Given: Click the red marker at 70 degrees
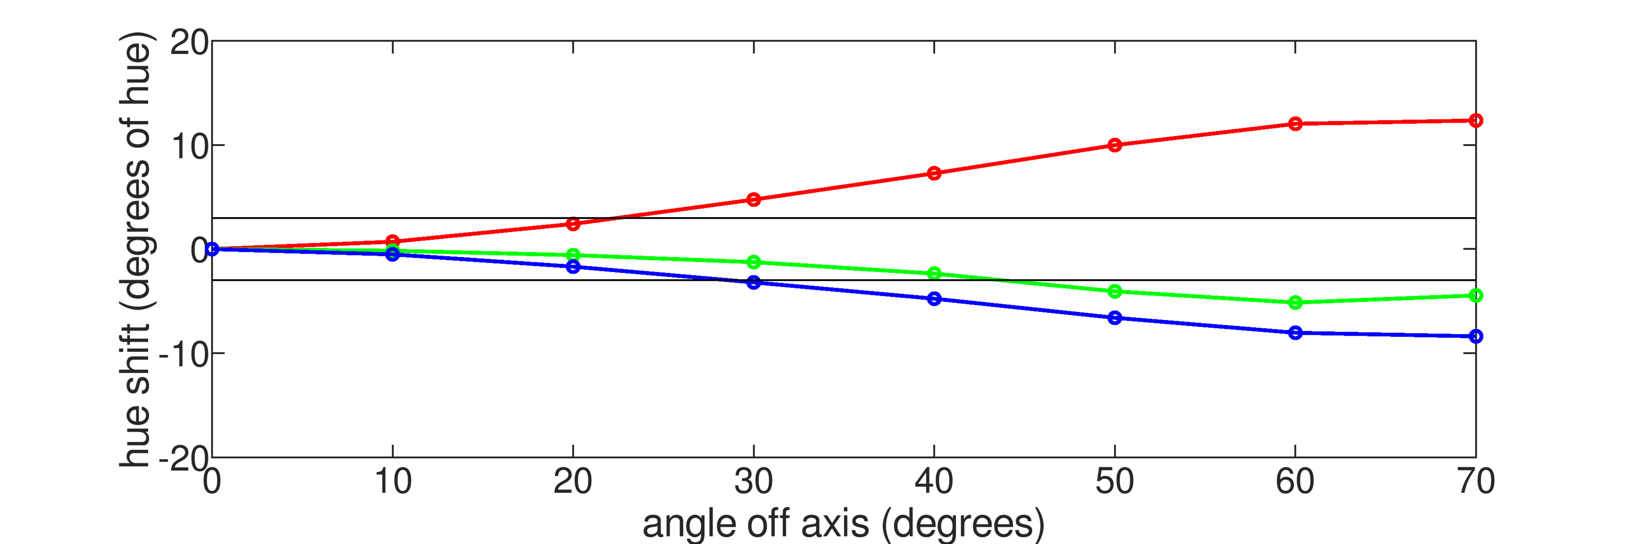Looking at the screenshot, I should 1475,120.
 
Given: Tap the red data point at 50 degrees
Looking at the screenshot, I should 1115,145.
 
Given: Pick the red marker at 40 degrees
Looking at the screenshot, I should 934,173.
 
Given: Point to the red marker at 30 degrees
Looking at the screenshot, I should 753,199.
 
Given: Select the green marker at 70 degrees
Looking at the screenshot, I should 1475,295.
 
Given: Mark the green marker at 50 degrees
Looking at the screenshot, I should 1115,291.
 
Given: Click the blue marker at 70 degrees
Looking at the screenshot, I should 1475,336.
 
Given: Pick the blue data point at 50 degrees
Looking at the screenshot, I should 1115,318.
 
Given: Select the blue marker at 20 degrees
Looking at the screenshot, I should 573,266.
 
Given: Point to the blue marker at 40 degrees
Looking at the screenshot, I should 934,299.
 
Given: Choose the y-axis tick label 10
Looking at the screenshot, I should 189,147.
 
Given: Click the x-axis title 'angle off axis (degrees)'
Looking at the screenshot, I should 844,524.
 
